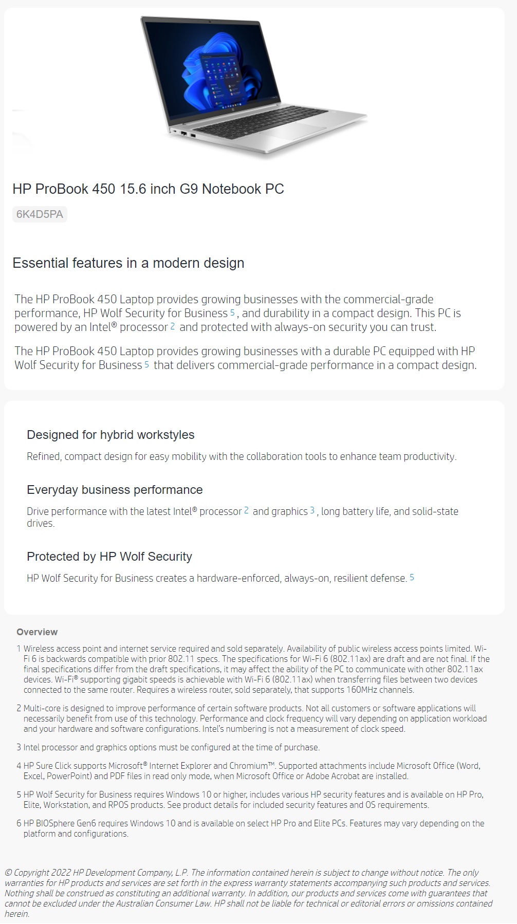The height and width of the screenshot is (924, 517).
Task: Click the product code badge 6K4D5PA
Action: pos(40,214)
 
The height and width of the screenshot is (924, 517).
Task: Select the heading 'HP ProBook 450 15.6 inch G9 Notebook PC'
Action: pos(148,189)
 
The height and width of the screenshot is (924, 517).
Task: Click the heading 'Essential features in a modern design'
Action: pos(128,263)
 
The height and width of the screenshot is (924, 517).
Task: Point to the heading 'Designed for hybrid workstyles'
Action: pos(110,434)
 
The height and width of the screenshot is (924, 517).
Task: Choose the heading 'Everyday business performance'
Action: pos(115,489)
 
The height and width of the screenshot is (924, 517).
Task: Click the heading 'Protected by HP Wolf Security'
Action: pos(109,556)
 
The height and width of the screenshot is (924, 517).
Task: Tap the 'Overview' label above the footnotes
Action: pos(37,632)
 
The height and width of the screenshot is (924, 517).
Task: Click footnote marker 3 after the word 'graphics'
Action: pos(312,510)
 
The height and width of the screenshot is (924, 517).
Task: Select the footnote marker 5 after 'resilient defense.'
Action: pos(412,577)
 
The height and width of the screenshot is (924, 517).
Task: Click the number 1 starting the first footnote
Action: pos(19,649)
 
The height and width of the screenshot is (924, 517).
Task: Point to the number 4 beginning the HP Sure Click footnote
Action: pos(19,766)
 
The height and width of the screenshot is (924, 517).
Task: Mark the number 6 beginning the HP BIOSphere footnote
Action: pos(19,823)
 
